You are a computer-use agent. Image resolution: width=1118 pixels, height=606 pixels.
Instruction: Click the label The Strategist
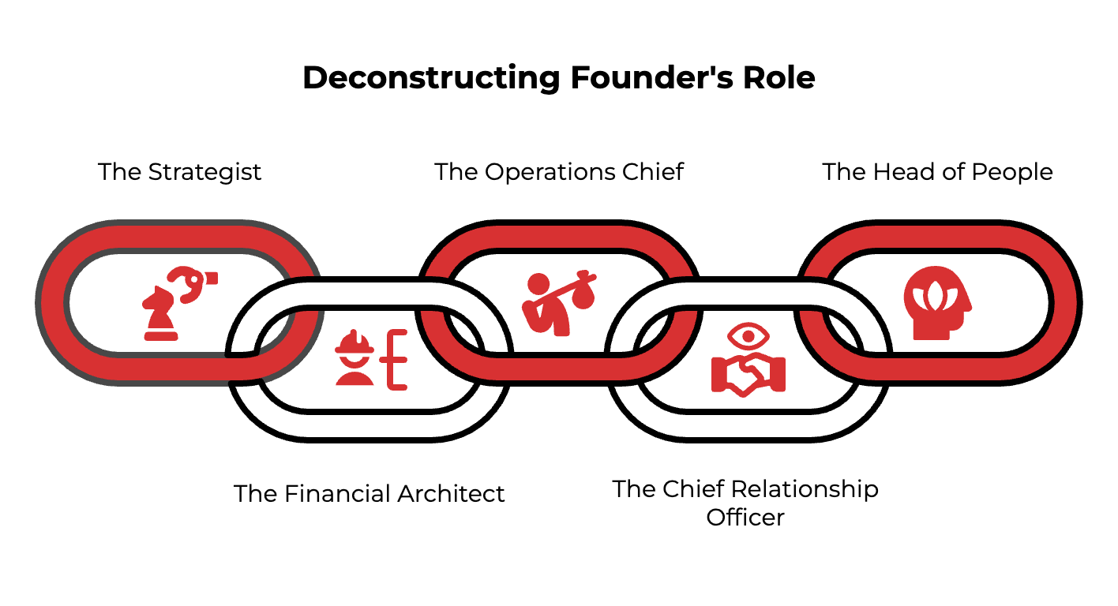click(179, 172)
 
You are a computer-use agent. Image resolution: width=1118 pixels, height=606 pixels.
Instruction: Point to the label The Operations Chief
click(559, 172)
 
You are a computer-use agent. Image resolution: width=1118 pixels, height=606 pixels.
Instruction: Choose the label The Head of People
click(937, 172)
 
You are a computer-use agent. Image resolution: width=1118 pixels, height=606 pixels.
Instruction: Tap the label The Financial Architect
click(370, 494)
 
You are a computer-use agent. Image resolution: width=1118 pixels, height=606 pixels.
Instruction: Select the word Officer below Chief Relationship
click(745, 518)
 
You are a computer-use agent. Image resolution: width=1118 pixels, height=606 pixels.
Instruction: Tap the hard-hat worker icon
click(355, 357)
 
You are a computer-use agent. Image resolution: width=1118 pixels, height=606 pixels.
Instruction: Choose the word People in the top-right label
click(1014, 172)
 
